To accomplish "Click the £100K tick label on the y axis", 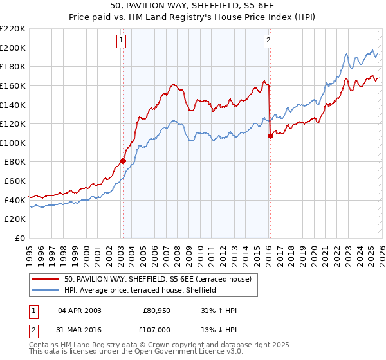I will click(x=13, y=143).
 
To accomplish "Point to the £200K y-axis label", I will click(x=13, y=48).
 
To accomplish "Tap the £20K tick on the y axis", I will click(x=15, y=219).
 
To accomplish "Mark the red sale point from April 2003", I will click(x=123, y=161).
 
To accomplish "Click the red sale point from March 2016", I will click(x=270, y=136).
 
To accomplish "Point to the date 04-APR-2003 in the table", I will click(x=80, y=310).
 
